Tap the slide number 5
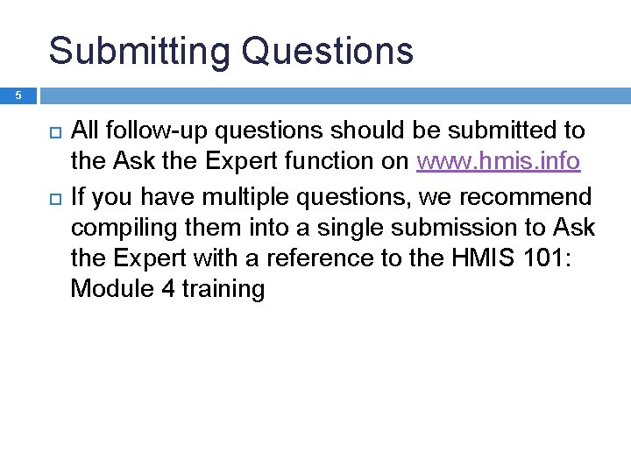18,95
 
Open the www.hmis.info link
498,162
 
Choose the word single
344,227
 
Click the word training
223,290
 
